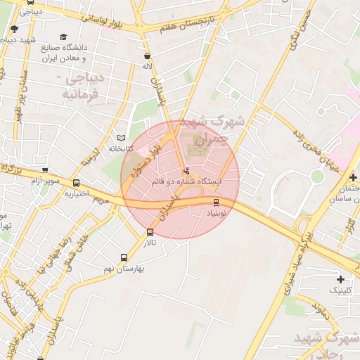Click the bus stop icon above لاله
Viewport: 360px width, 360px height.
147,56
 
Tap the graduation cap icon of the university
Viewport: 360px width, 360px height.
64,37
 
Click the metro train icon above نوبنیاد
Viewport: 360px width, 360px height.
216,202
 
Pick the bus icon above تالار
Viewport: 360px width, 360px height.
150,232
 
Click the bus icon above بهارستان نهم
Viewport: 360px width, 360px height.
124,257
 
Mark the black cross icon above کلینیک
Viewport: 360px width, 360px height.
340,279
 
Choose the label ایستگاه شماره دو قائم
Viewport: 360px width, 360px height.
186,181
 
